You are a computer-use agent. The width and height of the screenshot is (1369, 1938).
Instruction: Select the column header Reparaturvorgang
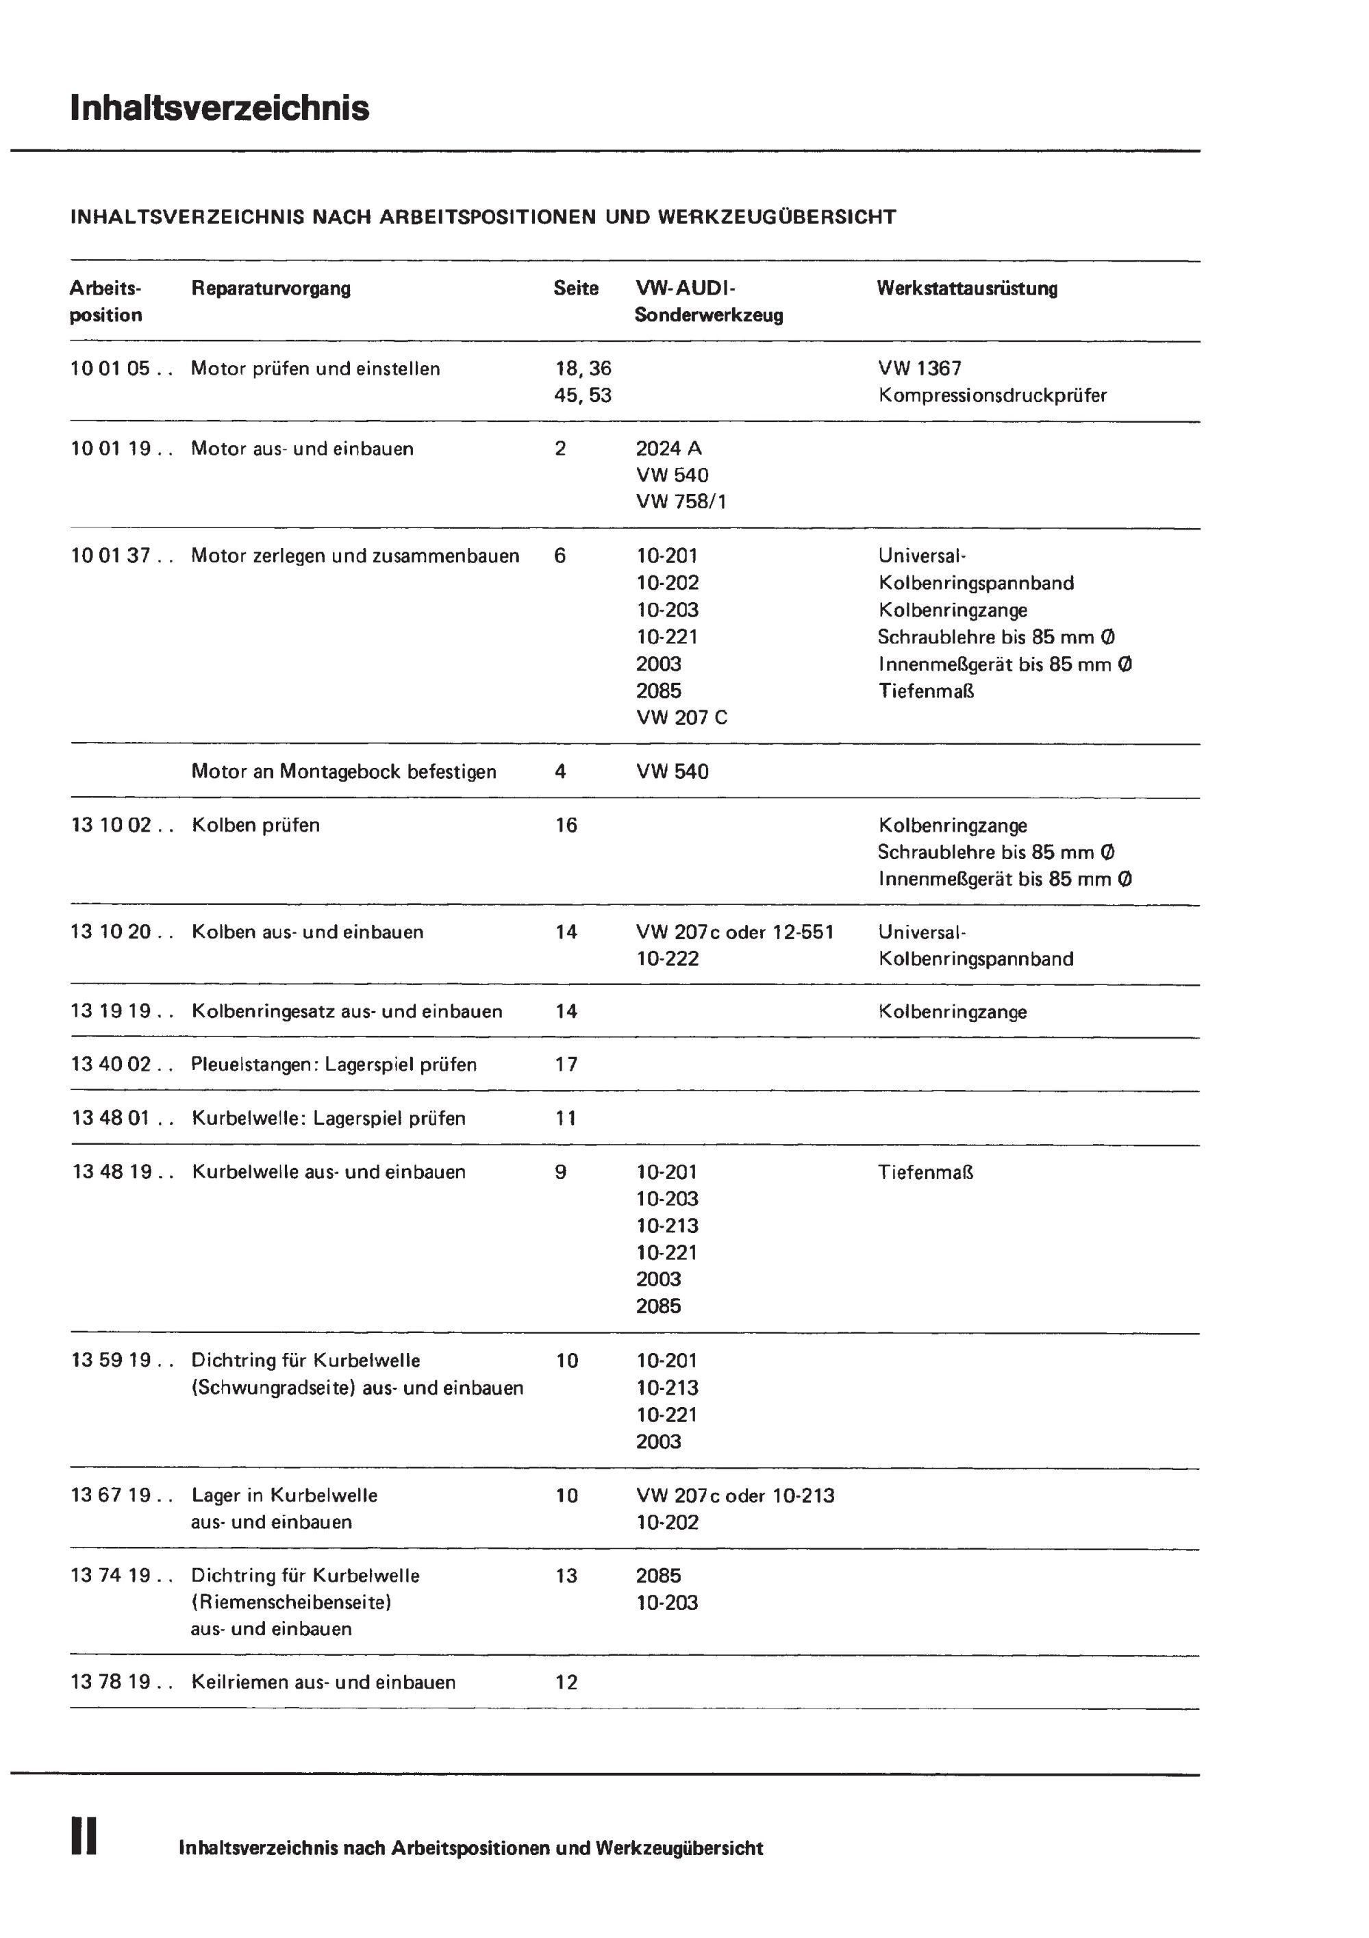[x=271, y=288]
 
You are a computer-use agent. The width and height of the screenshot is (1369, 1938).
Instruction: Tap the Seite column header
[x=576, y=288]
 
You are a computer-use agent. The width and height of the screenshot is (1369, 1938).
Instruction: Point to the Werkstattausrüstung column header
[x=966, y=288]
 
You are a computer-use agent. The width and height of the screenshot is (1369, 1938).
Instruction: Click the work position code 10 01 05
[x=110, y=368]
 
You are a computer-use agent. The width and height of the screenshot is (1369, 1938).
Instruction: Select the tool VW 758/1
[x=681, y=501]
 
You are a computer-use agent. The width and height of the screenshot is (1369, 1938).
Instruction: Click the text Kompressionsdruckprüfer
[x=992, y=395]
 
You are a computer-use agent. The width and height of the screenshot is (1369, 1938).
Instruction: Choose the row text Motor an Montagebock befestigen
[x=344, y=771]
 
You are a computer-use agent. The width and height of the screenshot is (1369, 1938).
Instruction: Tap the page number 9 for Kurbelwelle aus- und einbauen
[x=560, y=1171]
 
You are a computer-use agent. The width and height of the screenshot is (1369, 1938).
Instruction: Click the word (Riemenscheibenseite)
[x=291, y=1602]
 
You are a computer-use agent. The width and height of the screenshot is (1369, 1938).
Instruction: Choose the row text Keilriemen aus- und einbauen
[x=323, y=1682]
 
